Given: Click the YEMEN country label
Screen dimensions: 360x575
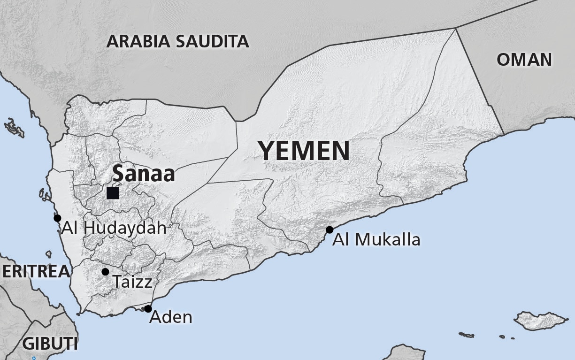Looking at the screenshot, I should tap(304, 151).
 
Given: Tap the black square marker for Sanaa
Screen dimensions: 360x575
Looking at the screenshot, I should tap(113, 193).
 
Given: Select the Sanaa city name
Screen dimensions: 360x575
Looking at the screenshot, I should tap(144, 174).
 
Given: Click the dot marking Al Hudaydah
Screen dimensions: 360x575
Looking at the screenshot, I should tap(57, 218).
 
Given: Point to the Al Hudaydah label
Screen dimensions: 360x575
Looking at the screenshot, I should tap(114, 229).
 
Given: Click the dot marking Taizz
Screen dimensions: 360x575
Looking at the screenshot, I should tap(105, 272).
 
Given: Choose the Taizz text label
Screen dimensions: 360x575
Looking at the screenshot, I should tap(132, 282).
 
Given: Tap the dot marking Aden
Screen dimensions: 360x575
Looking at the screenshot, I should tap(148, 309).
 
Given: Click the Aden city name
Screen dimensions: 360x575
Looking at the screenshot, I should tap(171, 317).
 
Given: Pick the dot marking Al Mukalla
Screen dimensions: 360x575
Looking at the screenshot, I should tap(330, 230).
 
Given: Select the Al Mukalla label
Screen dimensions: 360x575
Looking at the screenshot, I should tap(376, 240).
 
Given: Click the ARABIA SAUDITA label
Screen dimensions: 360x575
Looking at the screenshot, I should tap(177, 41).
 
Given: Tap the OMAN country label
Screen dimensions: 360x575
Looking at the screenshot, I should tap(524, 60).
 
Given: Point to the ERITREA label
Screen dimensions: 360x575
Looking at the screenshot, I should tap(36, 271).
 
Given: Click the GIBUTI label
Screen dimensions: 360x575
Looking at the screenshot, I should tap(50, 343).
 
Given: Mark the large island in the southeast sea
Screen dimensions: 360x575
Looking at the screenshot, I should tap(541, 320).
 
